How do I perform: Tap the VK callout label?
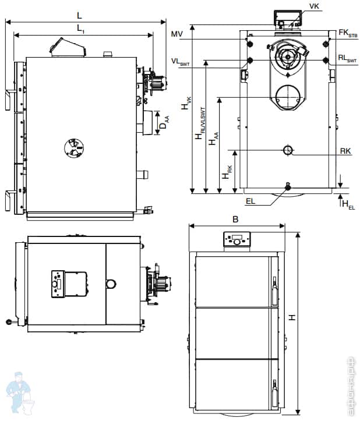(x=315, y=6)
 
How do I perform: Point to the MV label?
(x=178, y=35)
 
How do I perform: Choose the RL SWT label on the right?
(x=348, y=59)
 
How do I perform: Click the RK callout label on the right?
(x=345, y=151)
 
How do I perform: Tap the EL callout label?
(x=250, y=201)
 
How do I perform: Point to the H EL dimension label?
(x=348, y=204)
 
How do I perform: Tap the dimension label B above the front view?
(x=235, y=220)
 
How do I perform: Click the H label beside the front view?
(x=291, y=317)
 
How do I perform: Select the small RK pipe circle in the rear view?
(x=288, y=150)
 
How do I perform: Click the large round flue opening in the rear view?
(x=287, y=96)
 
